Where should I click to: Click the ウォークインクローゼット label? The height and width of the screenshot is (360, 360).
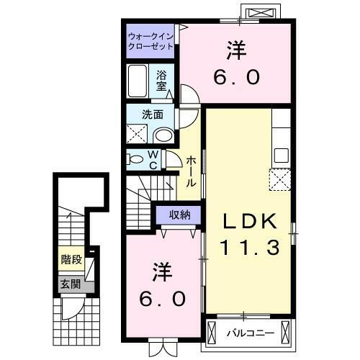click(150, 40)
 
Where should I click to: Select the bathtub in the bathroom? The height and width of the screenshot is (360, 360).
click(139, 82)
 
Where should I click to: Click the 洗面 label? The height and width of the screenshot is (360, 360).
click(151, 114)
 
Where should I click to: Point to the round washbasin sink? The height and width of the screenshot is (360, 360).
click(164, 135)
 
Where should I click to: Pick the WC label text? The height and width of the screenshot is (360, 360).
click(153, 159)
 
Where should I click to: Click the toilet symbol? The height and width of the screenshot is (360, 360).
click(136, 158)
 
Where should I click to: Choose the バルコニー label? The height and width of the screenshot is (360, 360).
click(248, 333)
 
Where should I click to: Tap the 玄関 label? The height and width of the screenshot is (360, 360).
click(70, 283)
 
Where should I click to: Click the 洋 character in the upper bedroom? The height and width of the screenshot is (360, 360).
click(235, 50)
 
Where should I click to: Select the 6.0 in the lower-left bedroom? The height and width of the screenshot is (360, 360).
click(163, 297)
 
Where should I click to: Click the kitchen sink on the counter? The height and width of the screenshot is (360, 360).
click(281, 155)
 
